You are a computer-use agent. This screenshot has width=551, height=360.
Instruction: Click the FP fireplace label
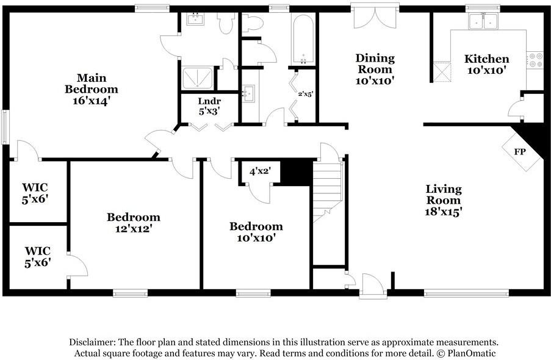point(520,152)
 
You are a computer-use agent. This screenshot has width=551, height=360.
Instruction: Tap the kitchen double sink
point(483,21)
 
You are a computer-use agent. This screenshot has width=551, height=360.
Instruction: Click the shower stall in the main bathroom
point(198,78)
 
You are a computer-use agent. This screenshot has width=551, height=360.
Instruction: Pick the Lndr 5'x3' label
point(209,106)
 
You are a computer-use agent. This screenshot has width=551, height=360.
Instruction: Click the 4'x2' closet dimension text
point(260,171)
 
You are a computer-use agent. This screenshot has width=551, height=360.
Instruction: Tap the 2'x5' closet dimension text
point(305,94)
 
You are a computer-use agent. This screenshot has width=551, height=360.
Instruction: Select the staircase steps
point(328,192)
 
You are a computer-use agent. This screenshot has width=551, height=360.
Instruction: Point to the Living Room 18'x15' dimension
point(443,211)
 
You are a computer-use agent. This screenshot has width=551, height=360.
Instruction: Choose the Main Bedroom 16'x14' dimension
point(92,101)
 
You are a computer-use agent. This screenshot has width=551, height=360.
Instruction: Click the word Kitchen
point(487,59)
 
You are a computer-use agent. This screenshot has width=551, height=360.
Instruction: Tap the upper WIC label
point(35,193)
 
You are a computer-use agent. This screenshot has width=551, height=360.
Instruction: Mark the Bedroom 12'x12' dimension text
point(134,229)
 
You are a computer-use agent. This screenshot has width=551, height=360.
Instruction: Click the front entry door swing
point(373,284)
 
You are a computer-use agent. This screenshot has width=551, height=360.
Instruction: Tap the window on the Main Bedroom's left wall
point(5,127)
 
